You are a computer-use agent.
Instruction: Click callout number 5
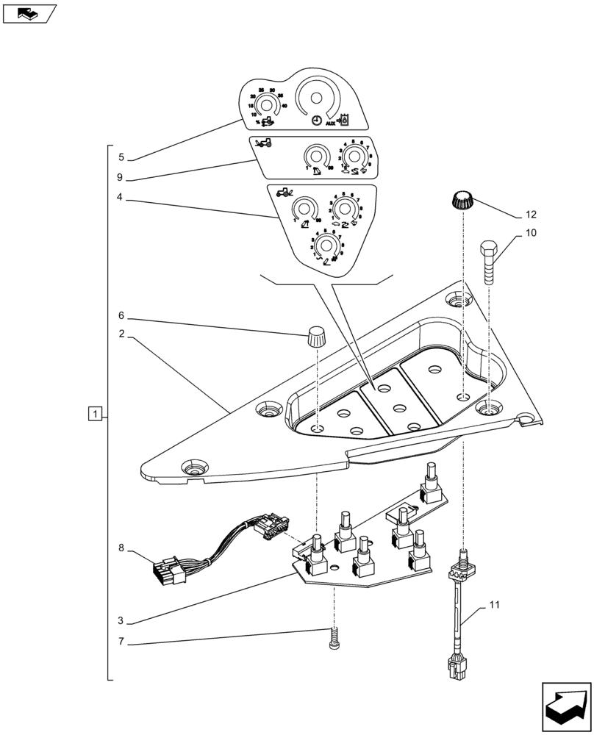click(x=121, y=157)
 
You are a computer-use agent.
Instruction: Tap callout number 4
click(x=121, y=197)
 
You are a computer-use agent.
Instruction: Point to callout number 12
click(x=530, y=215)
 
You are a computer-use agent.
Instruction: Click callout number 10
click(x=530, y=234)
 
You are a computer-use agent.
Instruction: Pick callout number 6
click(x=121, y=318)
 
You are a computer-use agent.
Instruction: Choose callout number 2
click(x=121, y=337)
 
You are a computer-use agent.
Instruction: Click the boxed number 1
click(x=94, y=414)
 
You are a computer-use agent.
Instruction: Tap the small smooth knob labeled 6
click(x=315, y=338)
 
